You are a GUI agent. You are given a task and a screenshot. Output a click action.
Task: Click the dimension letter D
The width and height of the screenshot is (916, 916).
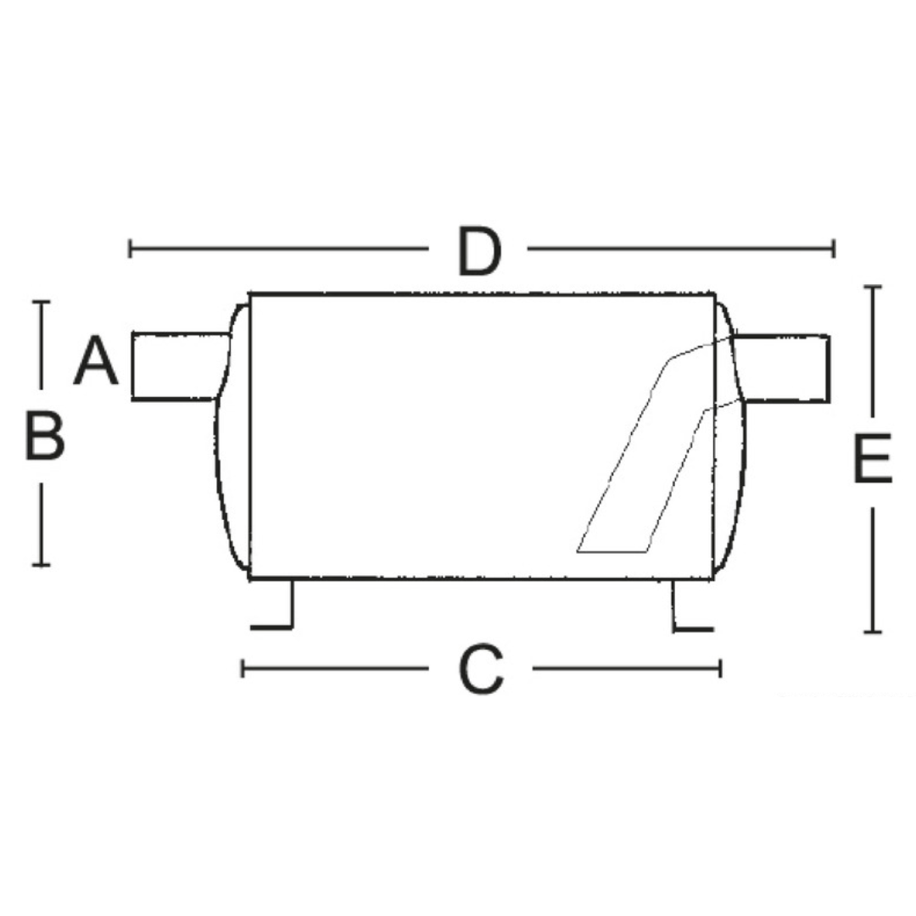point(479,251)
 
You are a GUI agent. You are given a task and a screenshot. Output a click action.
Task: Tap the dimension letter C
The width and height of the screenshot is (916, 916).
point(482,669)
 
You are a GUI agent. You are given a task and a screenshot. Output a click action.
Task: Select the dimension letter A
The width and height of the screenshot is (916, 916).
point(97,360)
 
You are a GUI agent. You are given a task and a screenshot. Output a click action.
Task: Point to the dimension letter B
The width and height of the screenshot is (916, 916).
point(44,435)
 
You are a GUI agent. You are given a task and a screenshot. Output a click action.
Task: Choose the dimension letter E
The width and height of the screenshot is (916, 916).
point(873,459)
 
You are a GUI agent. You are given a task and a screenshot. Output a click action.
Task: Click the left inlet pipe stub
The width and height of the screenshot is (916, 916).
point(180,366)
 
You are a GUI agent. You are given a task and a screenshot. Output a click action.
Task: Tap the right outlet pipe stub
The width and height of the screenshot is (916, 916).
point(782,369)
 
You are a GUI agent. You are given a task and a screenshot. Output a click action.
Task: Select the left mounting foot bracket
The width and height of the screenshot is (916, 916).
point(272,605)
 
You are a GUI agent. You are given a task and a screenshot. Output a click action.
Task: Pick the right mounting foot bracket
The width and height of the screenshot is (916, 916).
point(693,606)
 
